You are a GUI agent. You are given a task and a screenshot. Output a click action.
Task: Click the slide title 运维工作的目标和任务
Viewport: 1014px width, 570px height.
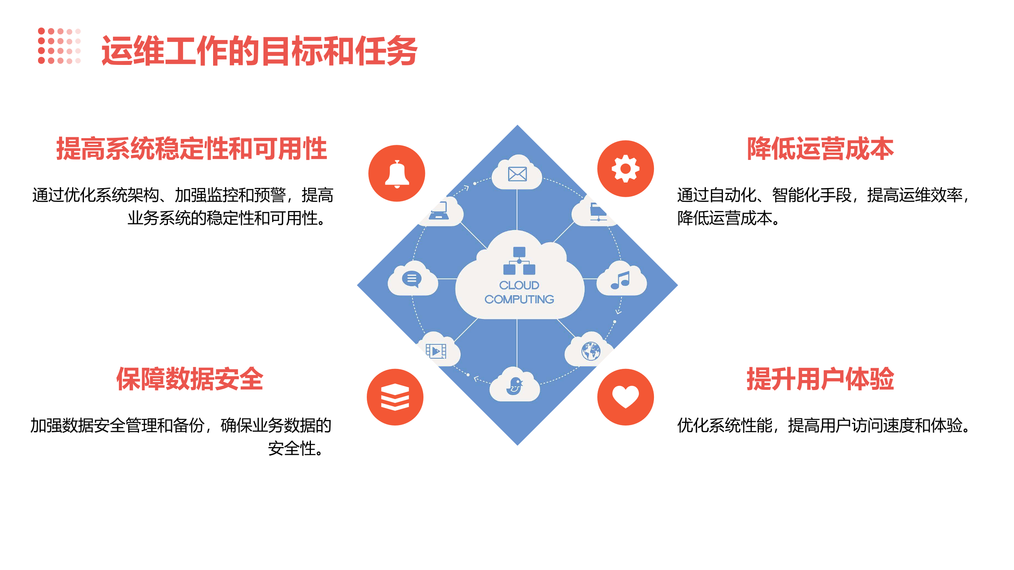tap(259, 51)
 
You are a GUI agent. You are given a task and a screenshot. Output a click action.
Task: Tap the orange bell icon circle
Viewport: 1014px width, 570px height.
tap(396, 173)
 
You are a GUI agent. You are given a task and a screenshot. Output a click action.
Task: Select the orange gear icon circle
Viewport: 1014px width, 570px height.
tap(625, 169)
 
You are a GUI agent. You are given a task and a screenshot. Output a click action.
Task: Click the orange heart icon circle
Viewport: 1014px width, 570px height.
tap(625, 397)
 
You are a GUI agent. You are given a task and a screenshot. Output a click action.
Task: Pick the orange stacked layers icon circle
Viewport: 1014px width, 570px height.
tap(395, 397)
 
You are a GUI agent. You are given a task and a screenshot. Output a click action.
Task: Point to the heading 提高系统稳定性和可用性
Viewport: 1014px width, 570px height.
tap(192, 149)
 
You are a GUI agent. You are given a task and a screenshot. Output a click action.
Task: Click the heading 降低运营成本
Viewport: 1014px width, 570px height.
tap(820, 149)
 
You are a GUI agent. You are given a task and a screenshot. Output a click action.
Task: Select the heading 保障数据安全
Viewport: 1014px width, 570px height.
tap(190, 379)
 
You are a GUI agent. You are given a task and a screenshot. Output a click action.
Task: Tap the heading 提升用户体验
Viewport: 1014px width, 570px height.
tap(820, 379)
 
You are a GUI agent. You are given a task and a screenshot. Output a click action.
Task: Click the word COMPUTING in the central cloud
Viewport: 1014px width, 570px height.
tap(519, 299)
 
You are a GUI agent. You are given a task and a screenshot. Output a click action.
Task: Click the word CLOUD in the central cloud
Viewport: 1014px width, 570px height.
tap(519, 285)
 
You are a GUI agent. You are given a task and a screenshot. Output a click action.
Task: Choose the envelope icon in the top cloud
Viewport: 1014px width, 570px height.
tap(517, 174)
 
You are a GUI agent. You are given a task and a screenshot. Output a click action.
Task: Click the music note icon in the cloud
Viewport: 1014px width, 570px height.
tap(620, 280)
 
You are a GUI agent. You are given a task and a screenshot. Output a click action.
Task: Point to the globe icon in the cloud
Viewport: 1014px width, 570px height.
tap(591, 351)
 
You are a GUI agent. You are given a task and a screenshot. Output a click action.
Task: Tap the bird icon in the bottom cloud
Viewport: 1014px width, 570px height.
tap(515, 386)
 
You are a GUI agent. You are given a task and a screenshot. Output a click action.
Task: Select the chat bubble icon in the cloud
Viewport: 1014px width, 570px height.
tap(412, 279)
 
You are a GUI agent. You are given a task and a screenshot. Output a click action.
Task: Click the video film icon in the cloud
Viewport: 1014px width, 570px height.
tap(436, 351)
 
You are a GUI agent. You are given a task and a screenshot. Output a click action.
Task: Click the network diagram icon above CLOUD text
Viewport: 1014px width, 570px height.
tap(519, 260)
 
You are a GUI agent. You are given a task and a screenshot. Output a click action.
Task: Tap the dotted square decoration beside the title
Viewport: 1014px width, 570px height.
tap(59, 46)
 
